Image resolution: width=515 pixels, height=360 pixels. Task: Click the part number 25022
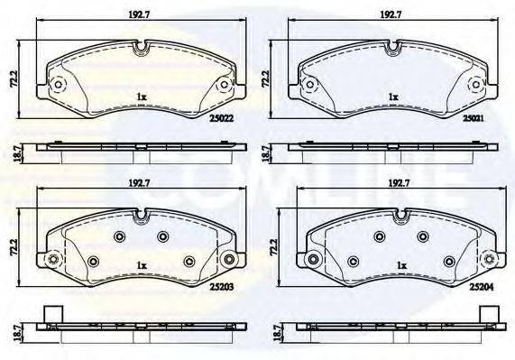click(221, 118)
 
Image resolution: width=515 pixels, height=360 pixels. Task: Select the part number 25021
click(474, 118)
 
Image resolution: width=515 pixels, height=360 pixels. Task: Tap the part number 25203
click(221, 287)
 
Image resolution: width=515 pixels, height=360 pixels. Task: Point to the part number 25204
click(482, 287)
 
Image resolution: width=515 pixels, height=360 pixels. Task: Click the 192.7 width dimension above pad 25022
click(139, 14)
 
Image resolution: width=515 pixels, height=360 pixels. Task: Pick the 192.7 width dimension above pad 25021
click(391, 14)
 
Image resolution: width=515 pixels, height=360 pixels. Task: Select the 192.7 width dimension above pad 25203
click(139, 183)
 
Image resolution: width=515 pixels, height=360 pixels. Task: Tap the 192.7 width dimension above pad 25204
click(398, 183)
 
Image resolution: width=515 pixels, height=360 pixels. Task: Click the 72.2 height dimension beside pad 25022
click(14, 78)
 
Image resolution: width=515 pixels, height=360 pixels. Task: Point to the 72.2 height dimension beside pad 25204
click(274, 247)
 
